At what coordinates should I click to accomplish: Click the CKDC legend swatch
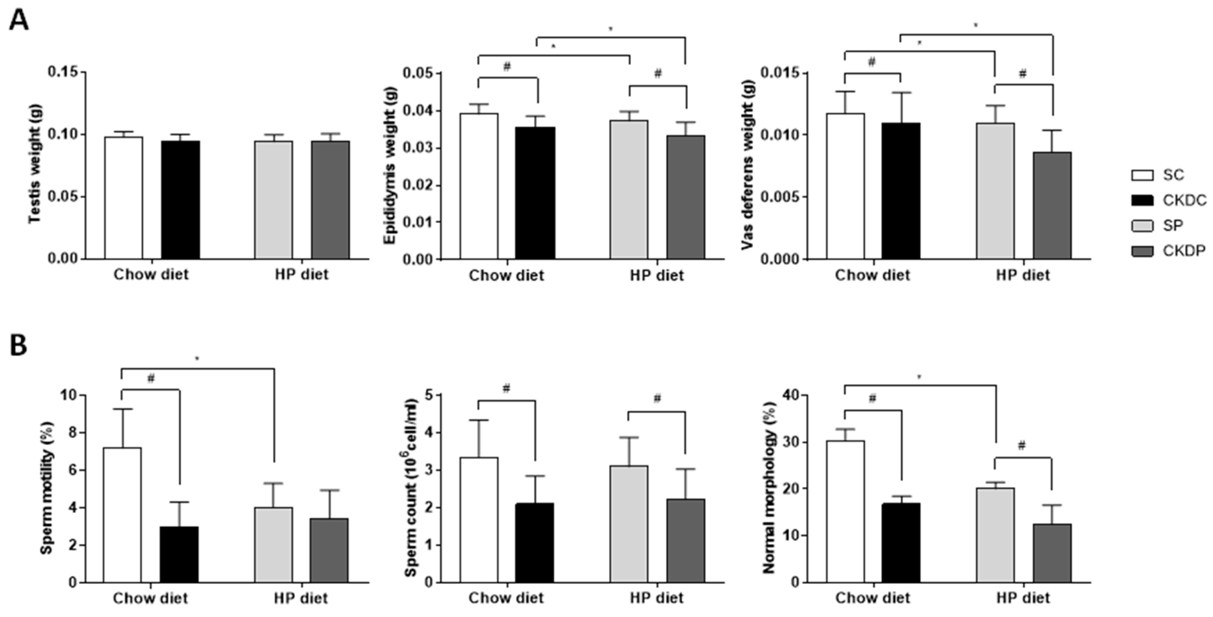click(1142, 201)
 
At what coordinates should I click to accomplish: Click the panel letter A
click(19, 21)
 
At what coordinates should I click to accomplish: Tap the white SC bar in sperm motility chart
click(122, 515)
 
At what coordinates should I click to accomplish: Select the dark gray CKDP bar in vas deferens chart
click(1052, 206)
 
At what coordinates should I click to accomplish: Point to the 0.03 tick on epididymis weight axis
click(420, 148)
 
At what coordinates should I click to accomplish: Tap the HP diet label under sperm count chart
click(656, 598)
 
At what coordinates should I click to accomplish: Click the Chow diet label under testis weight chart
click(151, 274)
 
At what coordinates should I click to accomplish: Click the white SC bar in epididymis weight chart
click(479, 186)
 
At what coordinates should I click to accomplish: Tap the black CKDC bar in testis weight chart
click(180, 200)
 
